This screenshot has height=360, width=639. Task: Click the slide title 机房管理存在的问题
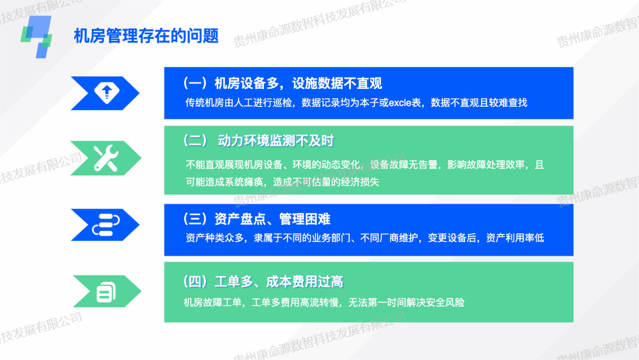(146, 36)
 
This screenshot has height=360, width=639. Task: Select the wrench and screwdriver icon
(106, 157)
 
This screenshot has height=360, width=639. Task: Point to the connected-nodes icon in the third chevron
(106, 224)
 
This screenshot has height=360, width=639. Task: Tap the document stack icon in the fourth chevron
(106, 291)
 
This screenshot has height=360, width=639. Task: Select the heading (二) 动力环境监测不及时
(259, 141)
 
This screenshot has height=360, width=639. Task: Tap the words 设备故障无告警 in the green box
(404, 165)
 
